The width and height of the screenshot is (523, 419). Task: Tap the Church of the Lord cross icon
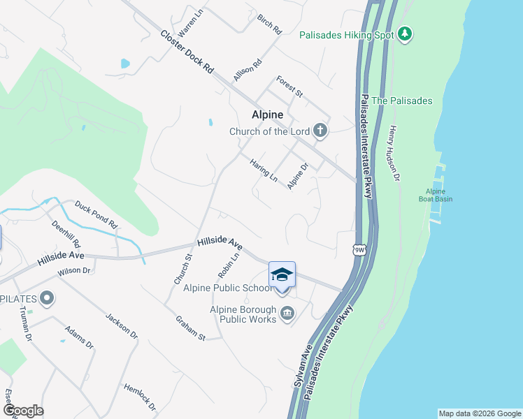(x=320, y=130)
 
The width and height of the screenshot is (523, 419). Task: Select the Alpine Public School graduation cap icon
(x=282, y=274)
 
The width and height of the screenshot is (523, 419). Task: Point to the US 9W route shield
(x=359, y=249)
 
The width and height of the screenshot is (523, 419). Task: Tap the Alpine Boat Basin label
(x=439, y=196)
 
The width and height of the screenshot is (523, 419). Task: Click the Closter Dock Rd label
(x=187, y=52)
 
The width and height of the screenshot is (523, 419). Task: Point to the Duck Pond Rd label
(x=96, y=216)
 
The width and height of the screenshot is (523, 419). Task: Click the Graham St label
(x=189, y=328)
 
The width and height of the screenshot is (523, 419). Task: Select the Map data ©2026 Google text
(x=479, y=413)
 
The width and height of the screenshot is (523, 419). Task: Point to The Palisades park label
(x=401, y=101)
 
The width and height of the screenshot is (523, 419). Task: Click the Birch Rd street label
(x=269, y=25)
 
